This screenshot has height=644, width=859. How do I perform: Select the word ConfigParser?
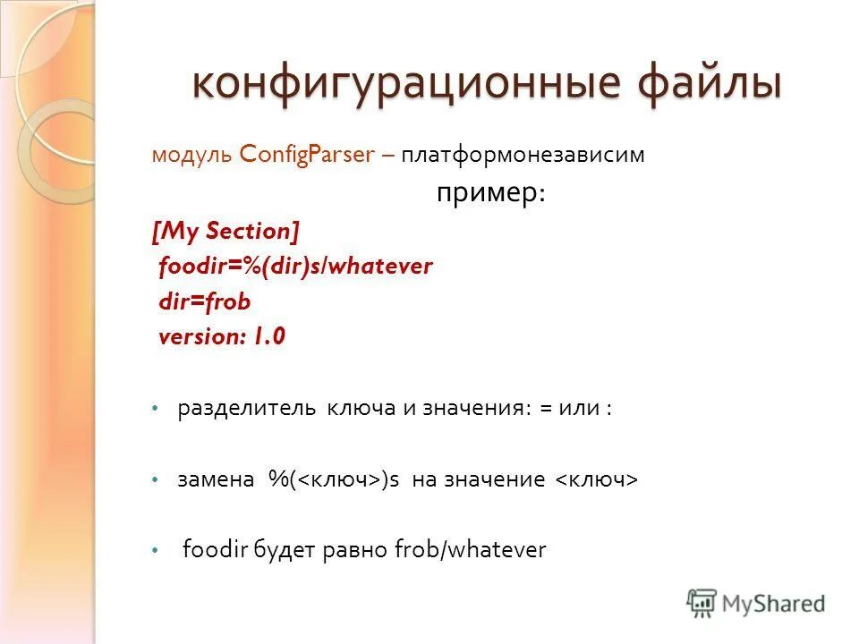coord(307,154)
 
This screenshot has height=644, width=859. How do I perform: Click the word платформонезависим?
coord(523,155)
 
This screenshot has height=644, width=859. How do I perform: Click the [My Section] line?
coord(226,232)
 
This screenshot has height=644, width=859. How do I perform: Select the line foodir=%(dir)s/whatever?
coord(295,267)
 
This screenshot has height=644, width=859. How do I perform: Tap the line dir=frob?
coord(204,302)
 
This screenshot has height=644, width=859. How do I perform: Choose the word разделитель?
coord(247,409)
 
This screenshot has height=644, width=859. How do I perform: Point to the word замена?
coord(216,480)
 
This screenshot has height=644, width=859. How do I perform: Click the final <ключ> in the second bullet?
coord(597,480)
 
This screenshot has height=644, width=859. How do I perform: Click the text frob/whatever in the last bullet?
coord(470,550)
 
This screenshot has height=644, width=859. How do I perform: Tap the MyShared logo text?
coord(773,604)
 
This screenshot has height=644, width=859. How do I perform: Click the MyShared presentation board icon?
coord(702,603)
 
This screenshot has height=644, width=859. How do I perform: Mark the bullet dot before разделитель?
coord(154,409)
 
